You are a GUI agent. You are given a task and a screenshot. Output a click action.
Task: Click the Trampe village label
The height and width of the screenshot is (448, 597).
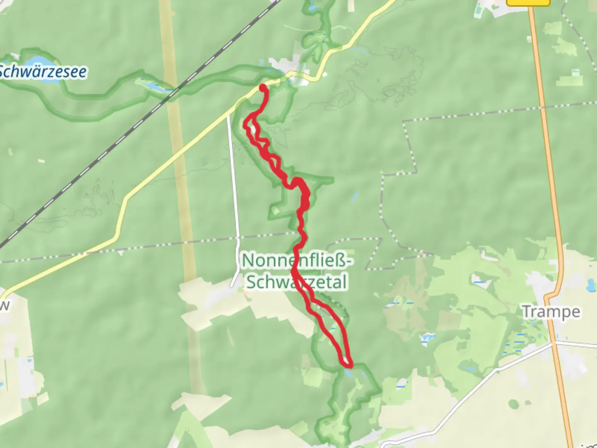(x=551, y=312)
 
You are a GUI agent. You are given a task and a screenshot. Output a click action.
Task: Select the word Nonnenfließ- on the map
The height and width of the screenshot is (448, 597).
(x=297, y=261)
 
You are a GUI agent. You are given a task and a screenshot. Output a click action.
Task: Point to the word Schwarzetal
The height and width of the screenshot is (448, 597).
(x=296, y=282)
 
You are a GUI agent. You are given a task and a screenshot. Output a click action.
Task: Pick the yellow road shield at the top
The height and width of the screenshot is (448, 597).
(x=528, y=2)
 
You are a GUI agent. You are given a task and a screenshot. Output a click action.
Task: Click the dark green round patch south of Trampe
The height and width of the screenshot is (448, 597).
(x=513, y=404)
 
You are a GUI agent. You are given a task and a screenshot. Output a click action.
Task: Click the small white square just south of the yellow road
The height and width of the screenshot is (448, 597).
(x=325, y=75)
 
